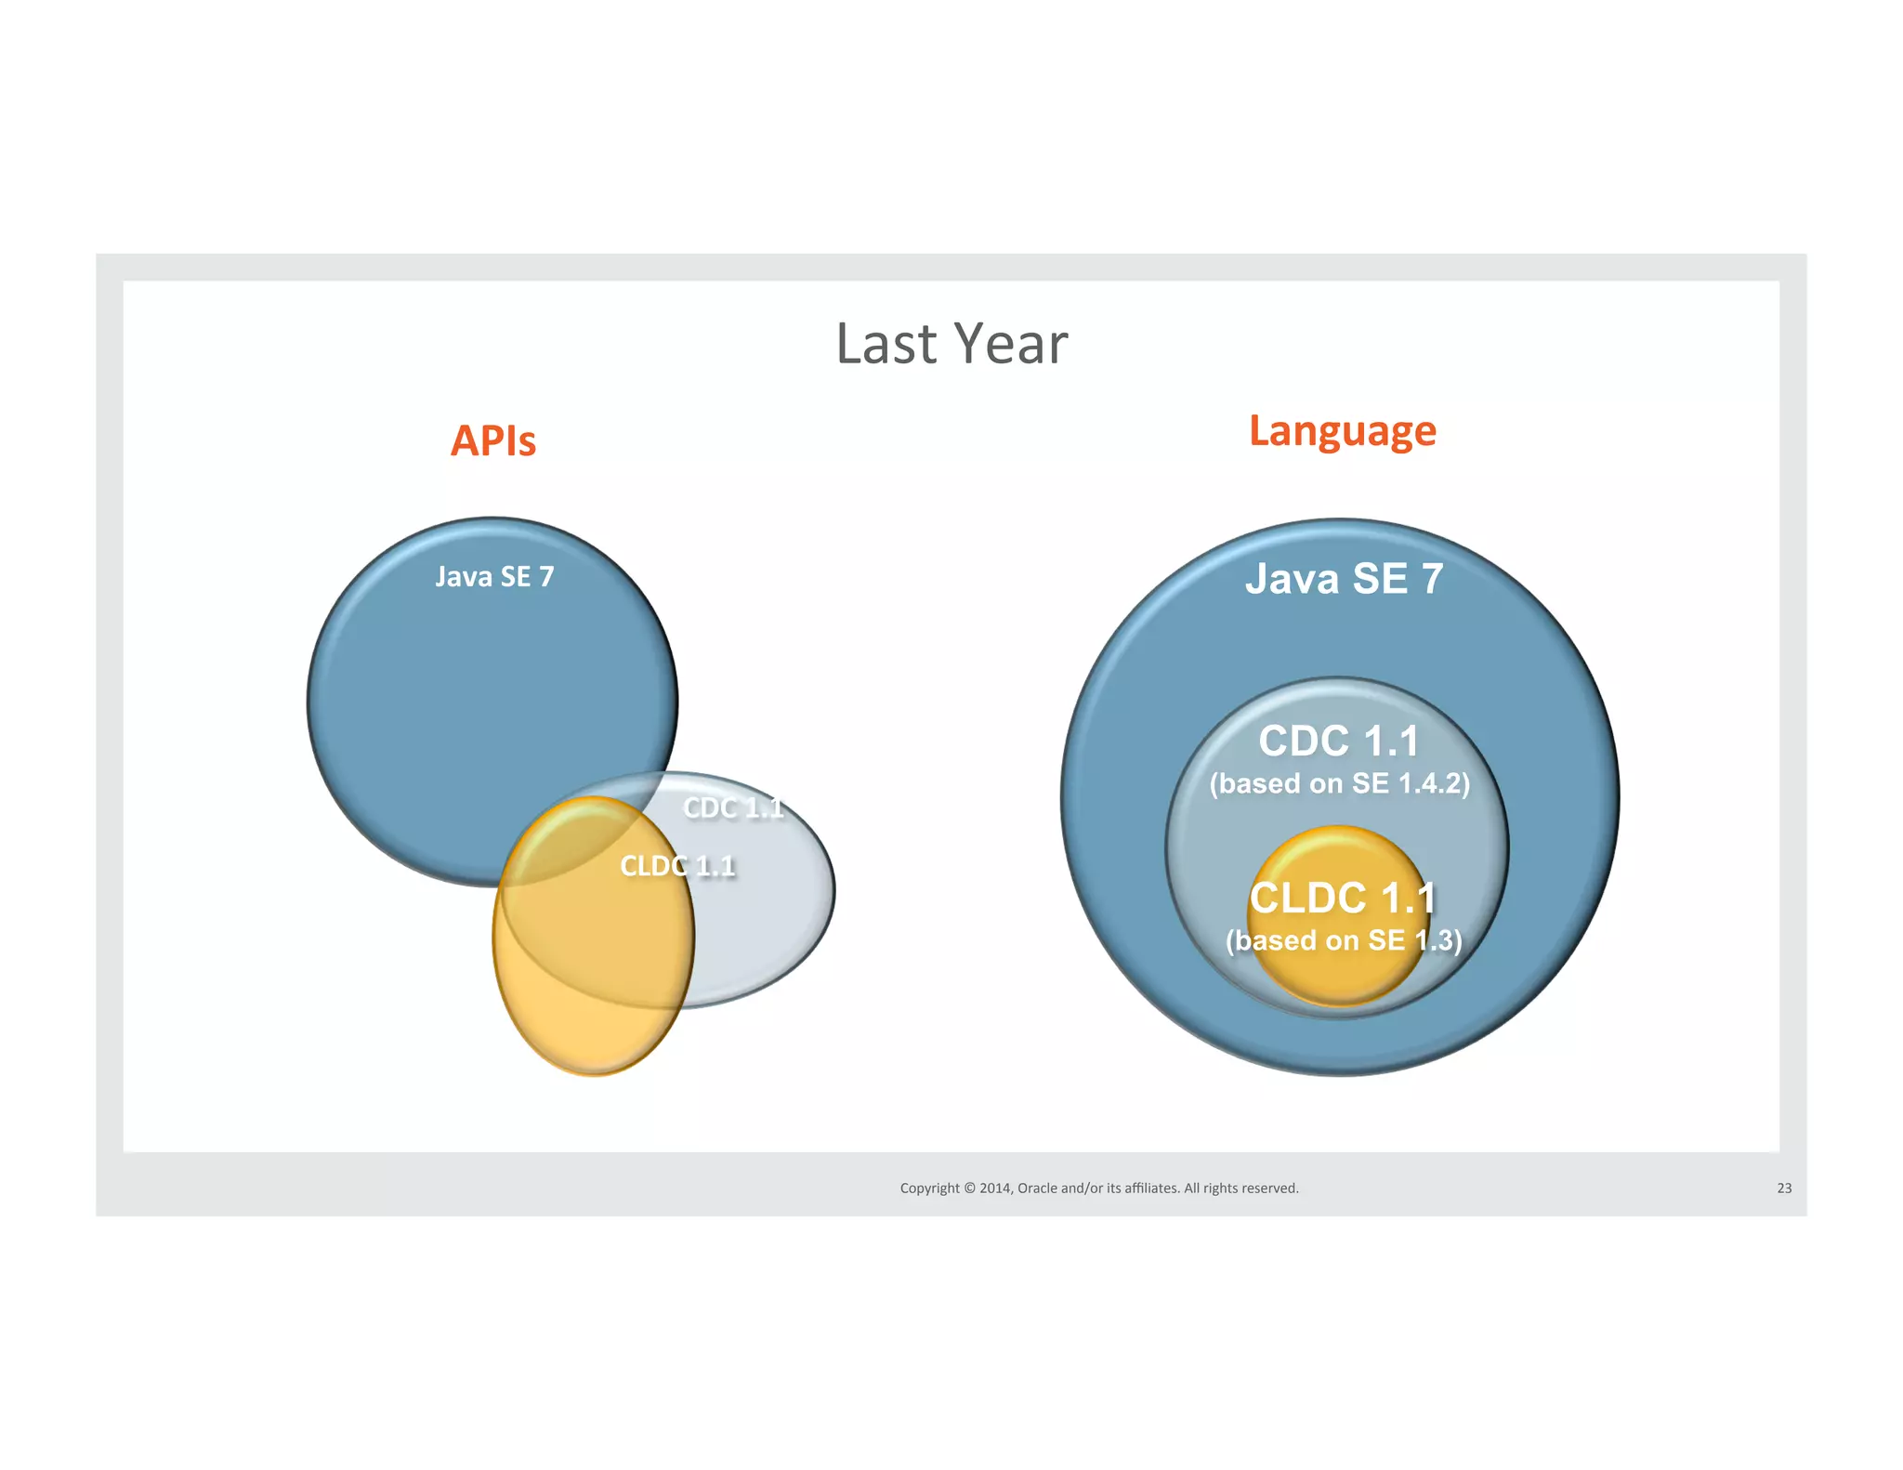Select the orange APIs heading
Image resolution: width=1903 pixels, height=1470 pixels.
[x=493, y=440]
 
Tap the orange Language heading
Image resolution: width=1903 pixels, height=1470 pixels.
[x=1342, y=431]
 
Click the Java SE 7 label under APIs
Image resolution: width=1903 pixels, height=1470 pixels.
[x=494, y=577]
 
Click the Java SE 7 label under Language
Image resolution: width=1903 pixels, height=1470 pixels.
[x=1344, y=579]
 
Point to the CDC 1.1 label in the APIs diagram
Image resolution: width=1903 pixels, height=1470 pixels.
[x=733, y=807]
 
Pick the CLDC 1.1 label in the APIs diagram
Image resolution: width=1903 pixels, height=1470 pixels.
[x=677, y=866]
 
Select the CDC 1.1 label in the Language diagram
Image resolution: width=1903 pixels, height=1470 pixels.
[x=1339, y=742]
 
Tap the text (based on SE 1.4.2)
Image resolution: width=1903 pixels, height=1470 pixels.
[x=1339, y=784]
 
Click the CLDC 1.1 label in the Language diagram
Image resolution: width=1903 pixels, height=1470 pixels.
[x=1343, y=899]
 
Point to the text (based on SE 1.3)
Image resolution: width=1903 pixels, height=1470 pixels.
[x=1344, y=940]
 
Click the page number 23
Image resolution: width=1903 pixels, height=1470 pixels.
[x=1784, y=1188]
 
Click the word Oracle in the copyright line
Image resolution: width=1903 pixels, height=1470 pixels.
[x=1037, y=1188]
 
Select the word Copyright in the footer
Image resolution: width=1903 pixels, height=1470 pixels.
[x=929, y=1188]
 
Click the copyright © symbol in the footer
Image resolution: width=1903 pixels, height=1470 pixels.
[x=969, y=1188]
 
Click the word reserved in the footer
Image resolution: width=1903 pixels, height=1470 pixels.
[x=1271, y=1188]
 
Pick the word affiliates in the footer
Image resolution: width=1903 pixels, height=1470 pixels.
[x=1151, y=1188]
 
